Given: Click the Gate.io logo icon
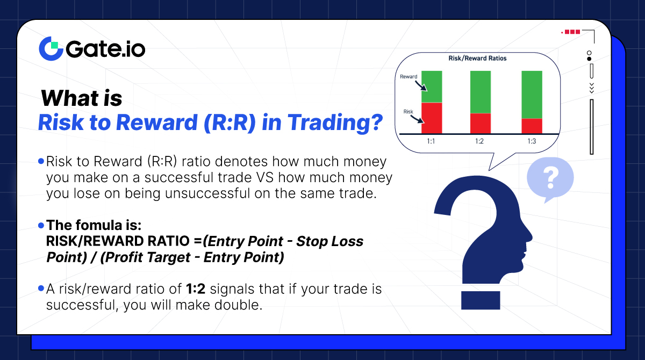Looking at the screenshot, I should coord(51,48).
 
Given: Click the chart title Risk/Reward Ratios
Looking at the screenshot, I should coord(477,58).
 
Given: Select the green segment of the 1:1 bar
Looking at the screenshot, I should coord(431,87).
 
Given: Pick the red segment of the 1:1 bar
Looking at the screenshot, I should coord(431,118).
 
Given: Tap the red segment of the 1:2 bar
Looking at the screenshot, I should coord(481,123).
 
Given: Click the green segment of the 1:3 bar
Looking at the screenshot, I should coord(532,95).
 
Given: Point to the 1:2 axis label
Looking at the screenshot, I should coord(480,141).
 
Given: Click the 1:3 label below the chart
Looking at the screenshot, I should coord(531,141).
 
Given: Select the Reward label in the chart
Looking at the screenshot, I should coord(408,77).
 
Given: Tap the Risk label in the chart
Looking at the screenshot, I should coord(408,112).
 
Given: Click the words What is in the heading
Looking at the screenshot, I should coord(82,98).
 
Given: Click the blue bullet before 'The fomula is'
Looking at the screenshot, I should coord(41,226).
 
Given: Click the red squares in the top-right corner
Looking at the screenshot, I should coord(572,32).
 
